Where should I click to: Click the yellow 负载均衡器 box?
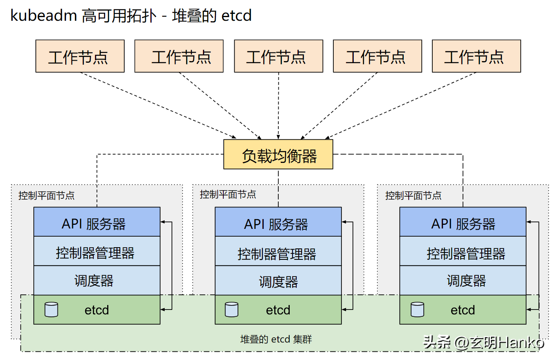[x=278, y=154]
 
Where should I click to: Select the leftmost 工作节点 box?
[x=80, y=56]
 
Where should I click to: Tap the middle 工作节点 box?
[x=278, y=56]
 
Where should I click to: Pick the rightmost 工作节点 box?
[x=476, y=56]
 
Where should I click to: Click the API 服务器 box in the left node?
[x=97, y=222]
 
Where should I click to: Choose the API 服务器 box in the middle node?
[x=278, y=222]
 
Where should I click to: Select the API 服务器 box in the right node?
[x=463, y=222]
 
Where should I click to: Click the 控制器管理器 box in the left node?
[x=97, y=251]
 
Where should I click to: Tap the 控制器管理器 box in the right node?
[x=463, y=251]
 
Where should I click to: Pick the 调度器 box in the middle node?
[x=278, y=280]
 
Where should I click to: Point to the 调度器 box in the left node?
[x=97, y=280]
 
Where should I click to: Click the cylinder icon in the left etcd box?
[x=51, y=310]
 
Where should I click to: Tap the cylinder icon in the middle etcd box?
[x=232, y=310]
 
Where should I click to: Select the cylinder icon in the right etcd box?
[x=418, y=310]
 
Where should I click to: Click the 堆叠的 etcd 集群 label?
[x=276, y=339]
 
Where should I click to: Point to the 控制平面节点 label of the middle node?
[x=228, y=195]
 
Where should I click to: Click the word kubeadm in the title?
[x=44, y=15]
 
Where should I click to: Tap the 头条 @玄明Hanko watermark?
[x=484, y=342]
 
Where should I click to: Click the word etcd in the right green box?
[x=463, y=310]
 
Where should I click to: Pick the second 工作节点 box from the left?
[x=179, y=56]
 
